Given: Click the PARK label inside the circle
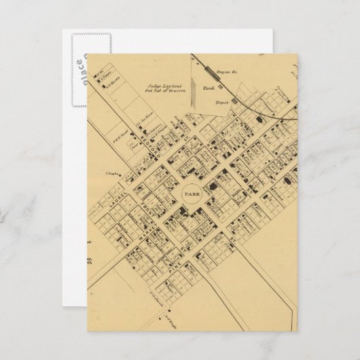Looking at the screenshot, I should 187,194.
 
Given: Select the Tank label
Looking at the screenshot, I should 209,88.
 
